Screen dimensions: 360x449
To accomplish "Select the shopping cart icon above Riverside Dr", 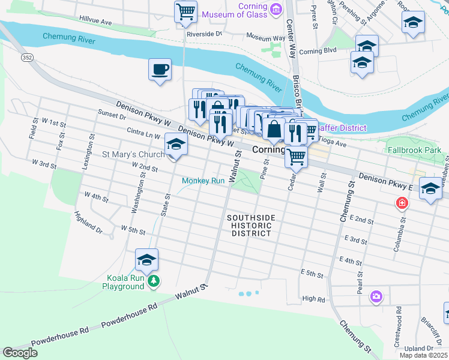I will [x=186, y=11].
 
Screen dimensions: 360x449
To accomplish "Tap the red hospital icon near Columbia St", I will [x=400, y=205].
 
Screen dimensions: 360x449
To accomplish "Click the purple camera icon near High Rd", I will [x=376, y=296].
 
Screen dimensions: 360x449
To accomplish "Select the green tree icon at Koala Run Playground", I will [x=154, y=281].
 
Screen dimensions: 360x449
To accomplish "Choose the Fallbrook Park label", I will [x=414, y=149].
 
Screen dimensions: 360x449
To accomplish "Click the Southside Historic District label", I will [x=251, y=225].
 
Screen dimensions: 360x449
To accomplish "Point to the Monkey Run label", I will [x=203, y=181].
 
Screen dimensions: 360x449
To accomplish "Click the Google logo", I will [x=20, y=353].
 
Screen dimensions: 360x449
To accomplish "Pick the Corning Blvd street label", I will [x=319, y=52].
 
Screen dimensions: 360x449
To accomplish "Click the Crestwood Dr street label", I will [x=397, y=327].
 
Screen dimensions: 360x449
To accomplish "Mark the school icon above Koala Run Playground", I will [x=146, y=259].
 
